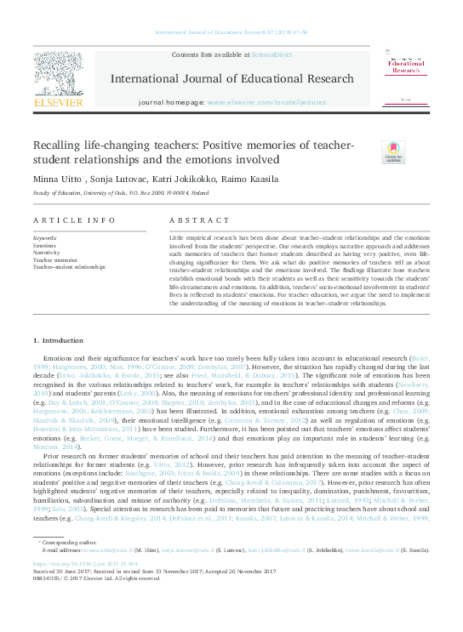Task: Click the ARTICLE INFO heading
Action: (61, 219)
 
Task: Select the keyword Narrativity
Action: (46, 252)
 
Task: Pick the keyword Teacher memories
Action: (54, 259)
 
